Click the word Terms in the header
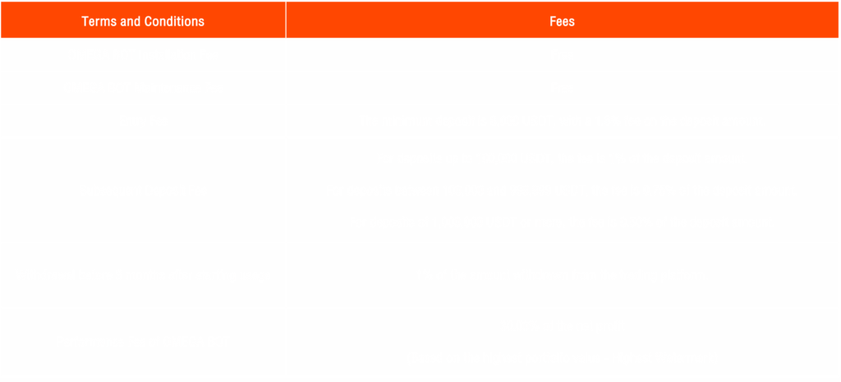pos(99,21)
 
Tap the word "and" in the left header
pos(131,21)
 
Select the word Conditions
pos(174,21)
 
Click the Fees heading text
pos(562,21)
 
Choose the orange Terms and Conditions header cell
pos(143,20)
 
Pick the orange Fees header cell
pos(562,20)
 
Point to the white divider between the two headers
pos(286,20)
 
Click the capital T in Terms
pos(85,21)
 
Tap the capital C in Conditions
pos(148,21)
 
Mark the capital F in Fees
pos(553,21)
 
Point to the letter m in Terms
pos(106,22)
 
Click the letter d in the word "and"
pos(137,21)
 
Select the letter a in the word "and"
pos(124,22)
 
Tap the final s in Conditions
pos(201,22)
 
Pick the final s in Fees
pos(572,22)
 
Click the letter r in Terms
pos(99,22)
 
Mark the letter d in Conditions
pos(169,21)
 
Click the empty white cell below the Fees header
pos(562,209)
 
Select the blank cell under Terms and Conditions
pos(143,209)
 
